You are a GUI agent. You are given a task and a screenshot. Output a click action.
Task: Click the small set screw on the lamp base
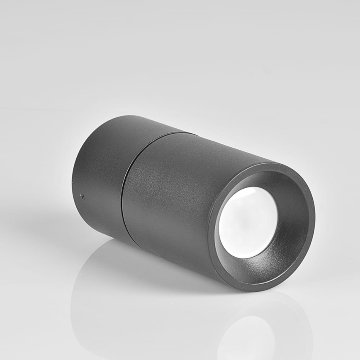[x=82, y=197]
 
